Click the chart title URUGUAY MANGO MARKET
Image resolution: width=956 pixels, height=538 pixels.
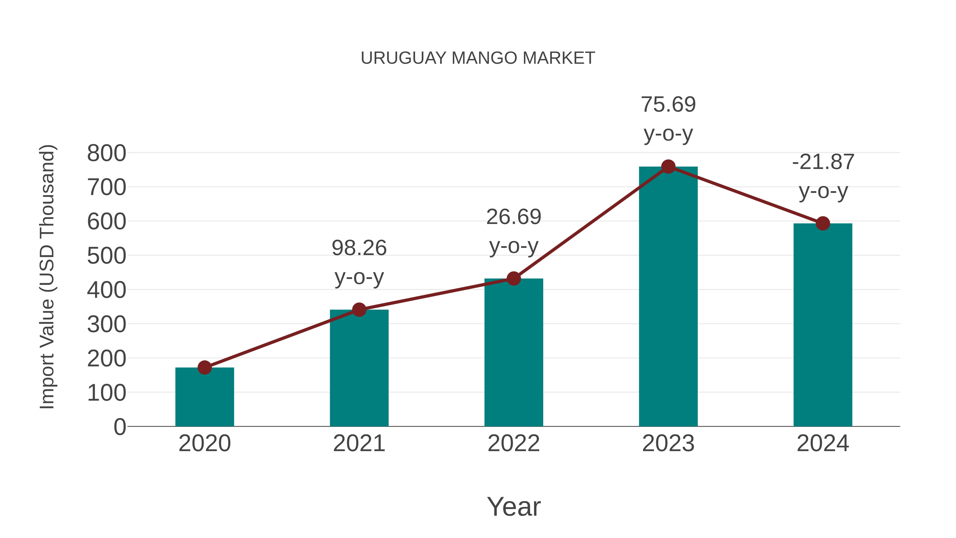pyautogui.click(x=478, y=58)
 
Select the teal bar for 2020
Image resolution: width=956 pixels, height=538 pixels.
pyautogui.click(x=204, y=397)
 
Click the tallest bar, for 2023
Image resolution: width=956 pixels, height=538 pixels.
pyautogui.click(x=668, y=297)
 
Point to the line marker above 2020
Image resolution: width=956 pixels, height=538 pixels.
pyautogui.click(x=204, y=368)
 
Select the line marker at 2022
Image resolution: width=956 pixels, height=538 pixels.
pyautogui.click(x=514, y=278)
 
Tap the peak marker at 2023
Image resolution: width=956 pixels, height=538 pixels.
pyautogui.click(x=668, y=167)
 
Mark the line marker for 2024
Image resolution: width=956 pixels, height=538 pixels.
pyautogui.click(x=823, y=223)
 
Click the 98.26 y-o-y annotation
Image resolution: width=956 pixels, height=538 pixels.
pyautogui.click(x=359, y=262)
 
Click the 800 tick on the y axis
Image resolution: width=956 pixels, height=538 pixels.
pyautogui.click(x=106, y=153)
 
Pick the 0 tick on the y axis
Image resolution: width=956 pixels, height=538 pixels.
pyautogui.click(x=119, y=427)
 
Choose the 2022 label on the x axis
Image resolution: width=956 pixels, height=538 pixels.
pyautogui.click(x=514, y=443)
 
